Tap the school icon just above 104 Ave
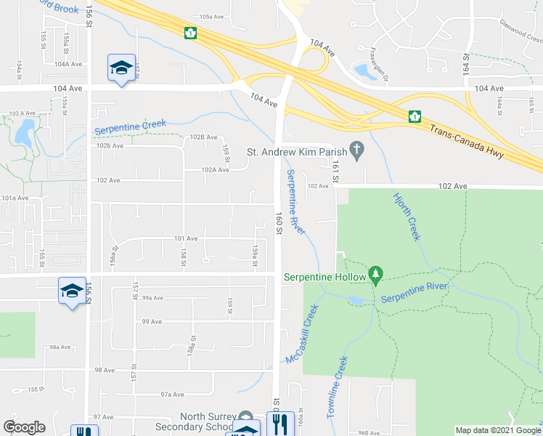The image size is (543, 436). [120, 68]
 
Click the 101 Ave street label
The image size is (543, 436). [186, 238]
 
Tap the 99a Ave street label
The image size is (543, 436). [151, 298]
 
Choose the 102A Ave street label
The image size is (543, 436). [216, 170]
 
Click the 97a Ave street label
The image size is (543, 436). [172, 395]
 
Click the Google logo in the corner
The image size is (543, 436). [24, 427]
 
